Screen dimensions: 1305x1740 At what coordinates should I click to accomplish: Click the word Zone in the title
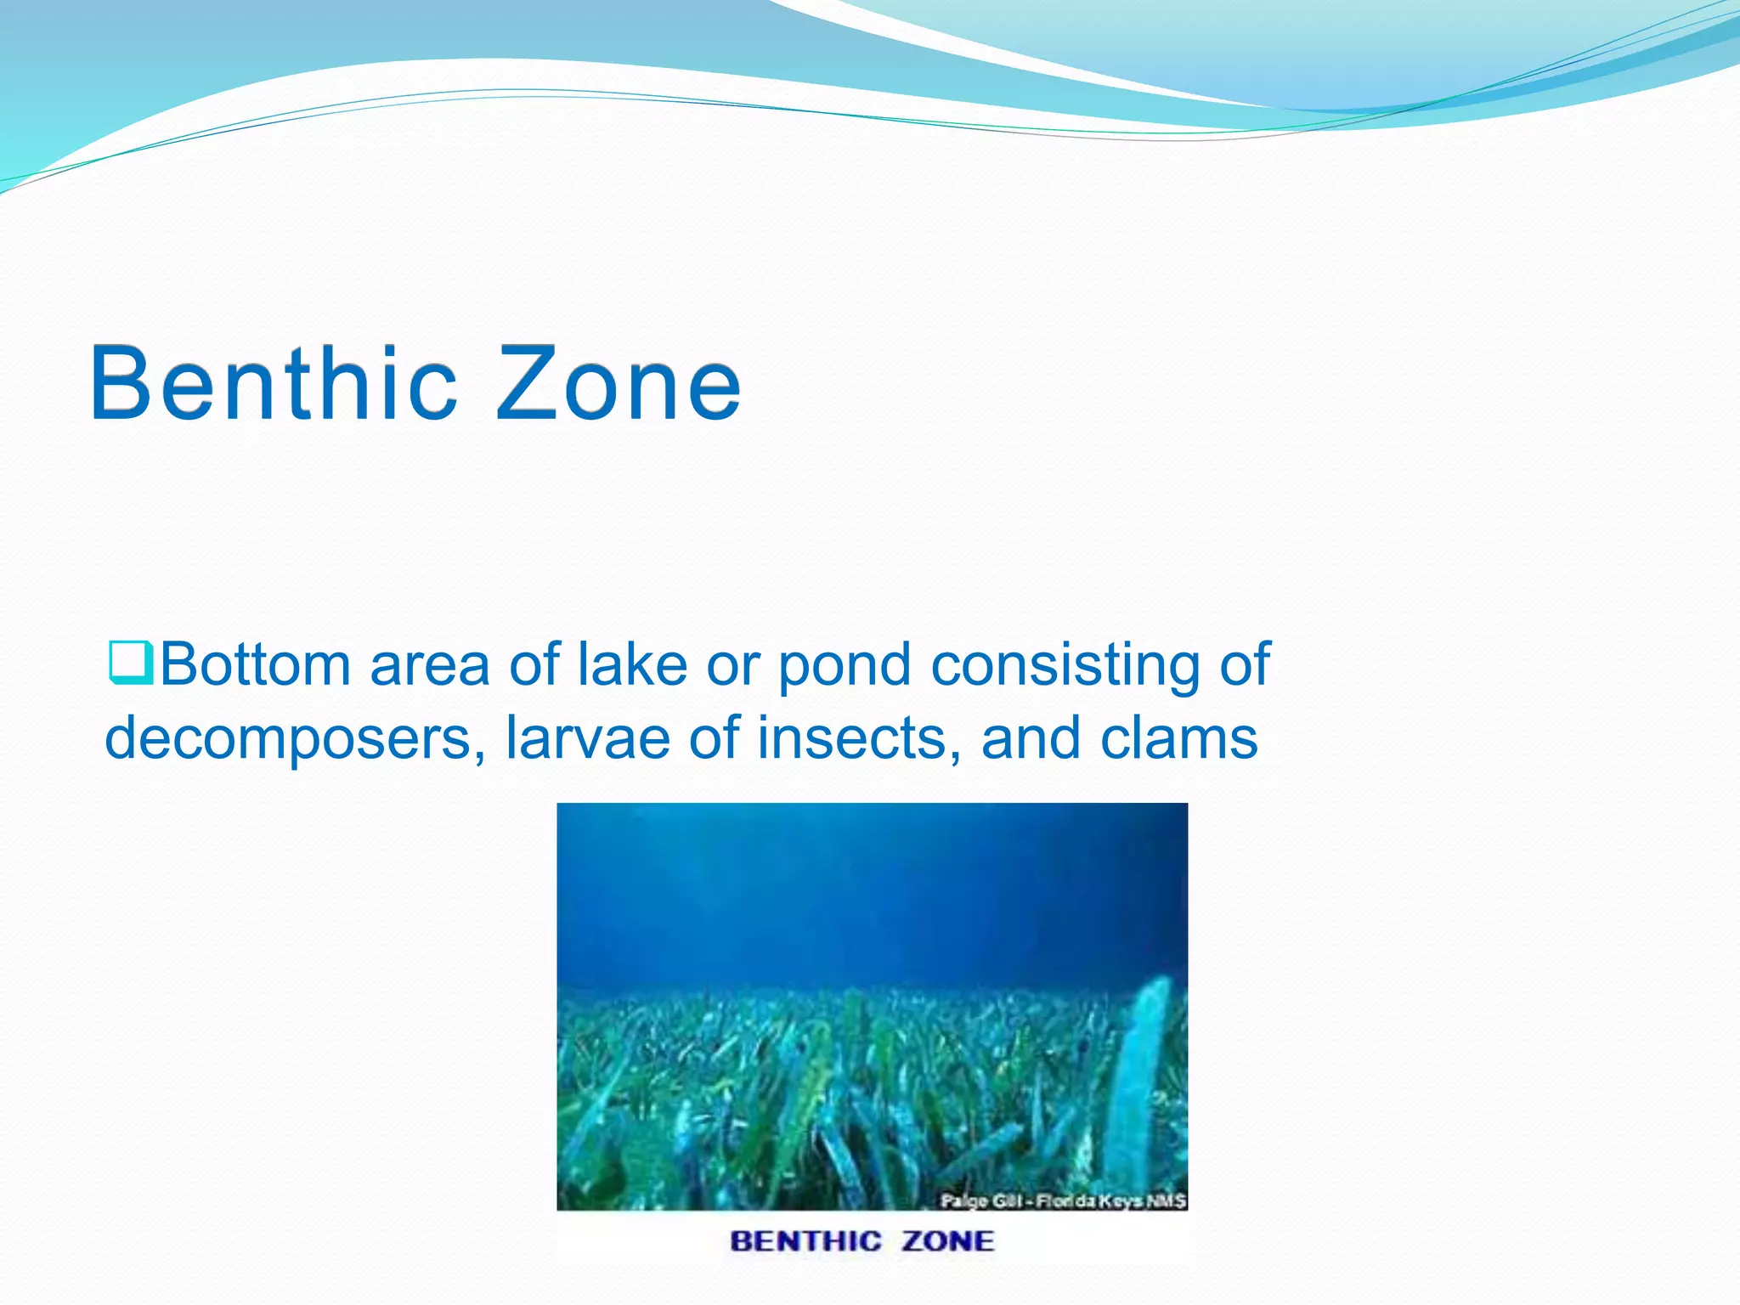[x=619, y=384]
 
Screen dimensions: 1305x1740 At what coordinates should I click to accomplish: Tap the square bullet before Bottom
[x=130, y=664]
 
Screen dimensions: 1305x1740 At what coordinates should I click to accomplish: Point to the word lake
[x=632, y=664]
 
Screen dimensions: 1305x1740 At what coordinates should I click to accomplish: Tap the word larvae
[x=588, y=738]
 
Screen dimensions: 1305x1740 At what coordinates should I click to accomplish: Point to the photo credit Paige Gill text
[x=1062, y=1200]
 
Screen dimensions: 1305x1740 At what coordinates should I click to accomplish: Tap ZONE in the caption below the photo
[x=947, y=1241]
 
